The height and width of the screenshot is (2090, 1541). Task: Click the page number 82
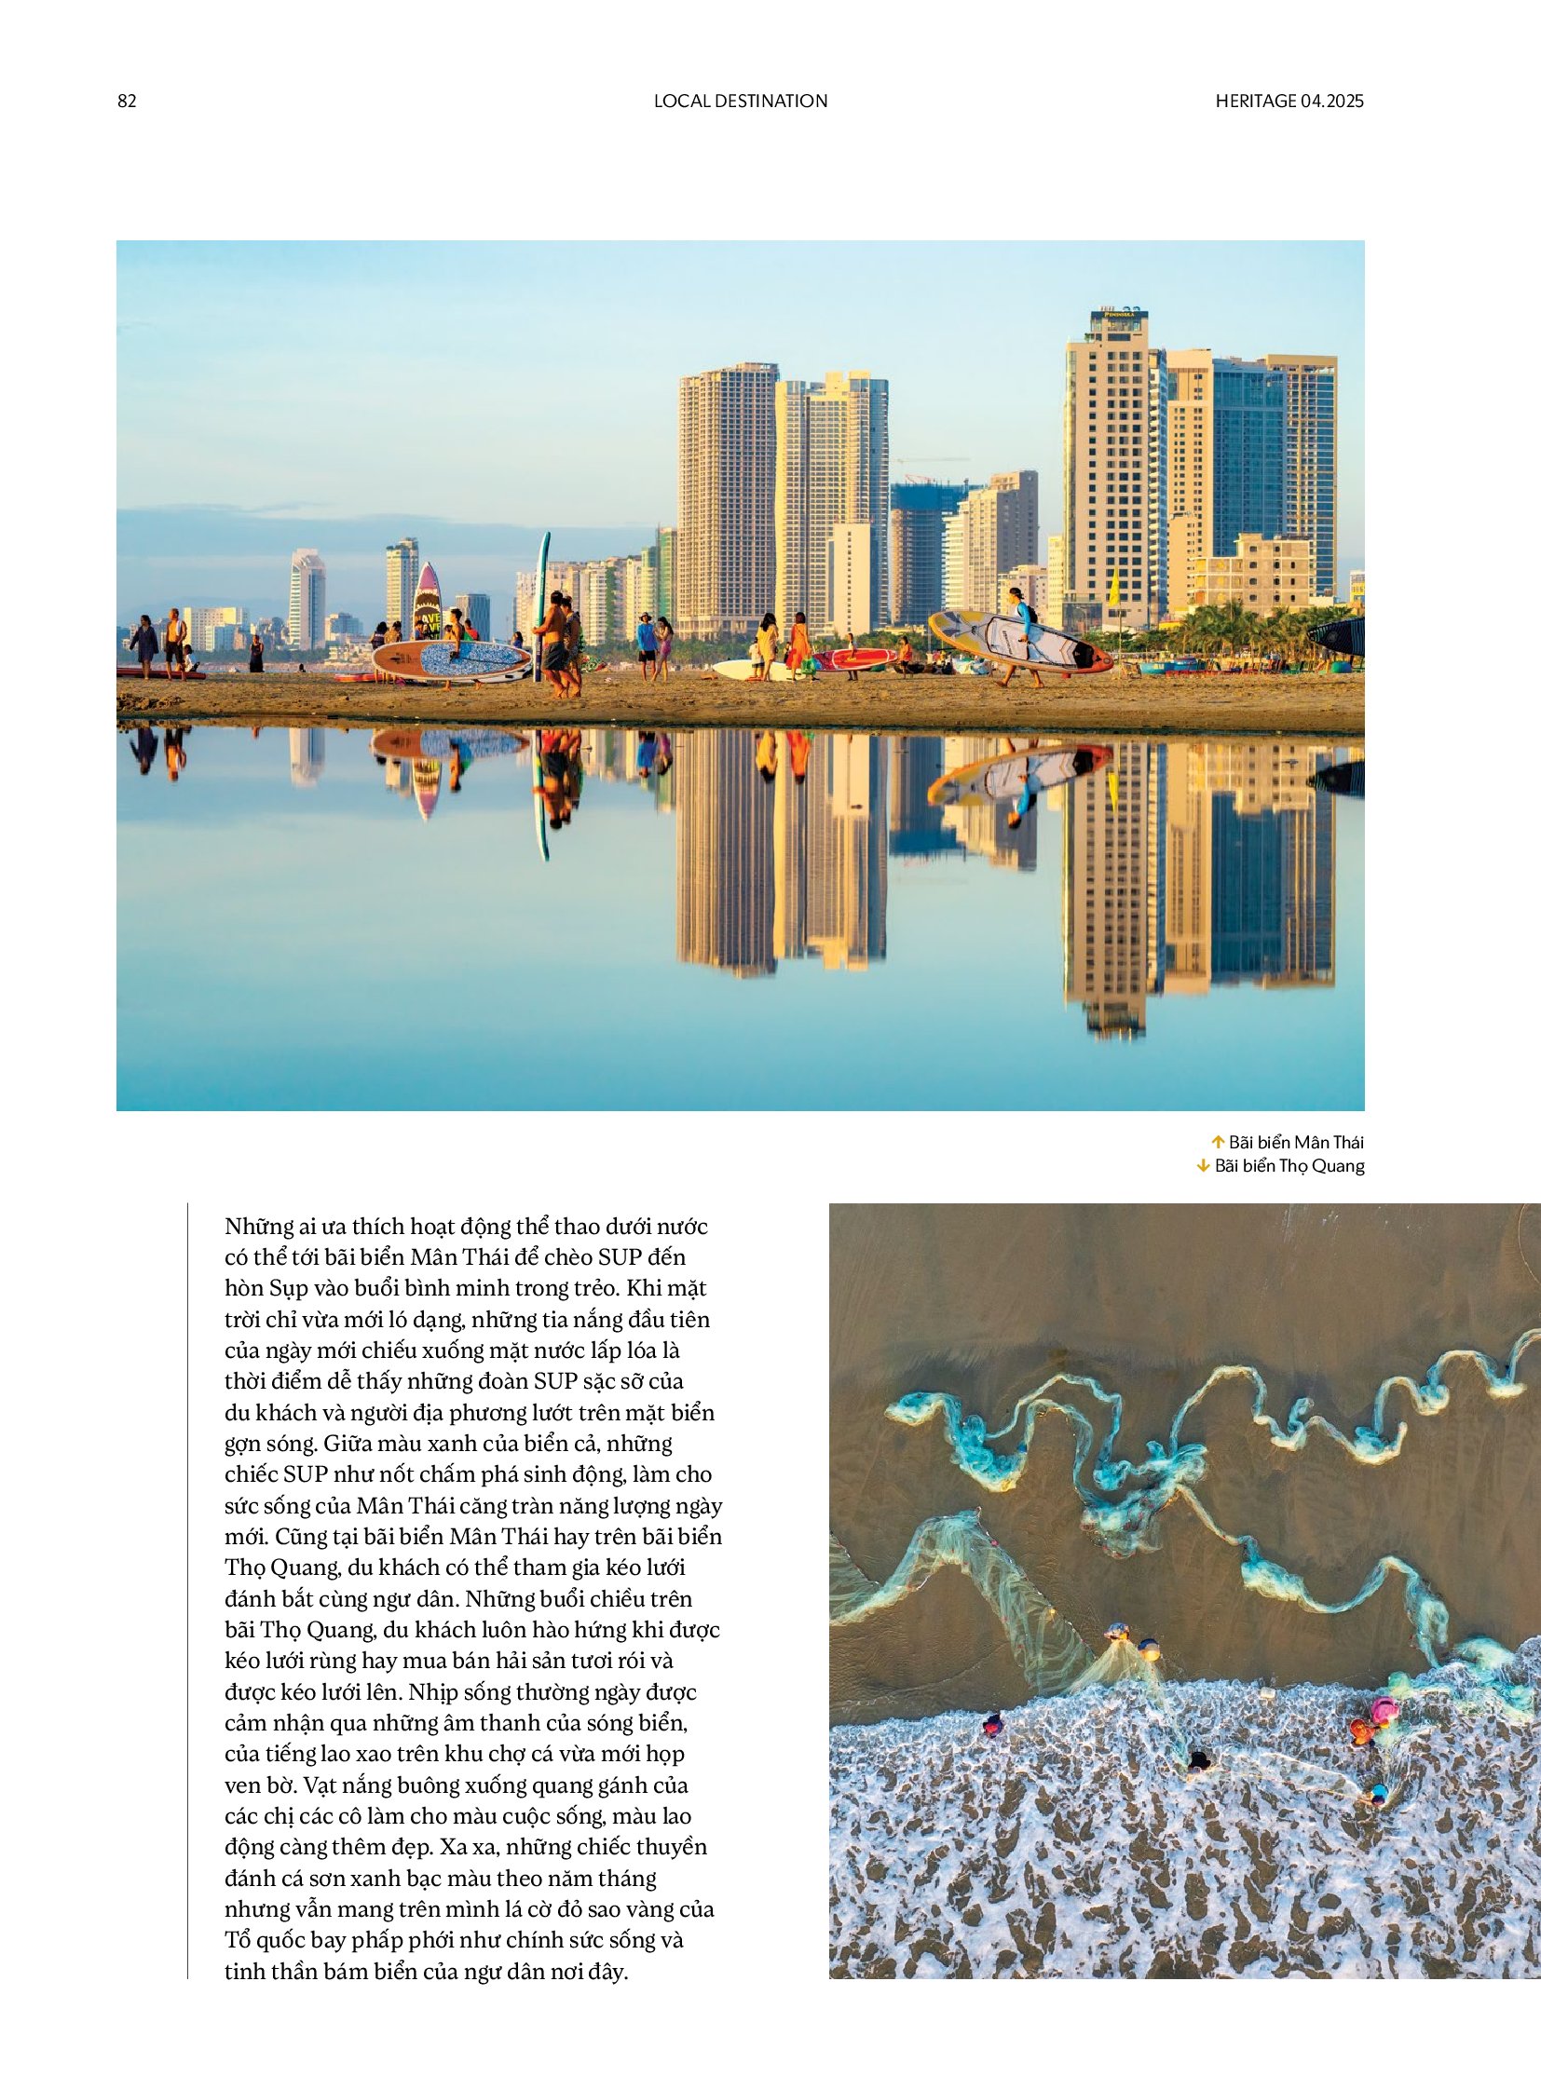[127, 101]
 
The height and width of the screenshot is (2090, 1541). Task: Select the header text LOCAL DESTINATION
[741, 101]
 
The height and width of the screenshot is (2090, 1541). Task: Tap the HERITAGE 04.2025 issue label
[1289, 101]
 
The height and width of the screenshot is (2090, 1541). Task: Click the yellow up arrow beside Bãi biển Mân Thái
[1217, 1142]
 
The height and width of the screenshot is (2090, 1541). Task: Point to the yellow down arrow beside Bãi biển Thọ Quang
[1204, 1166]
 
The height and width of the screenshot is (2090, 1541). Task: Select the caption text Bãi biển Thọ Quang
[1289, 1166]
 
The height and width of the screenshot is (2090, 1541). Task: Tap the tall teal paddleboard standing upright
[541, 597]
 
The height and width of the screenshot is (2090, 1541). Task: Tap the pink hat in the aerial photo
[1385, 1708]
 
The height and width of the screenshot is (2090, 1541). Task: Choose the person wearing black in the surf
[1200, 1760]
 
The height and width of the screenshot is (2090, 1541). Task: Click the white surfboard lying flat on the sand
[746, 669]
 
